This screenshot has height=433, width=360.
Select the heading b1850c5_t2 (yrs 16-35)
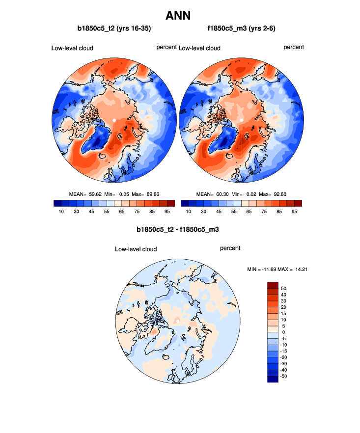coord(114,28)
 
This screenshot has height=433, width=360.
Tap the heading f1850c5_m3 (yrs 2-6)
coord(241,28)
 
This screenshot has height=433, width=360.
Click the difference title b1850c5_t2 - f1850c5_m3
coord(177,229)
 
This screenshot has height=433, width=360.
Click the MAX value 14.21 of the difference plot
coord(299,269)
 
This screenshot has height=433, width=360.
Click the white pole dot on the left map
coord(114,120)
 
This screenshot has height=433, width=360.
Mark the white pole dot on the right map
coord(242,120)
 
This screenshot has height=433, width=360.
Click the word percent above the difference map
coord(230,248)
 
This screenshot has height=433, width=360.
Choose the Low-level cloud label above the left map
coord(72,48)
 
